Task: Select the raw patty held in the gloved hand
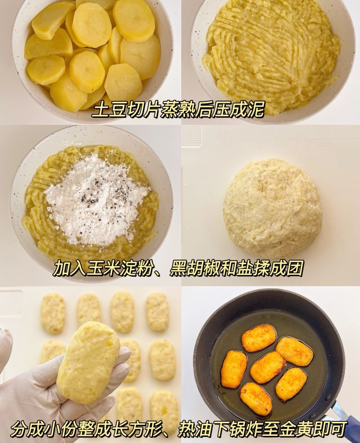click(88, 363)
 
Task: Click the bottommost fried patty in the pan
click(256, 399)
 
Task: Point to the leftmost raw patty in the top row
click(53, 313)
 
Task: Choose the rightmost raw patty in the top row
click(157, 312)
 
